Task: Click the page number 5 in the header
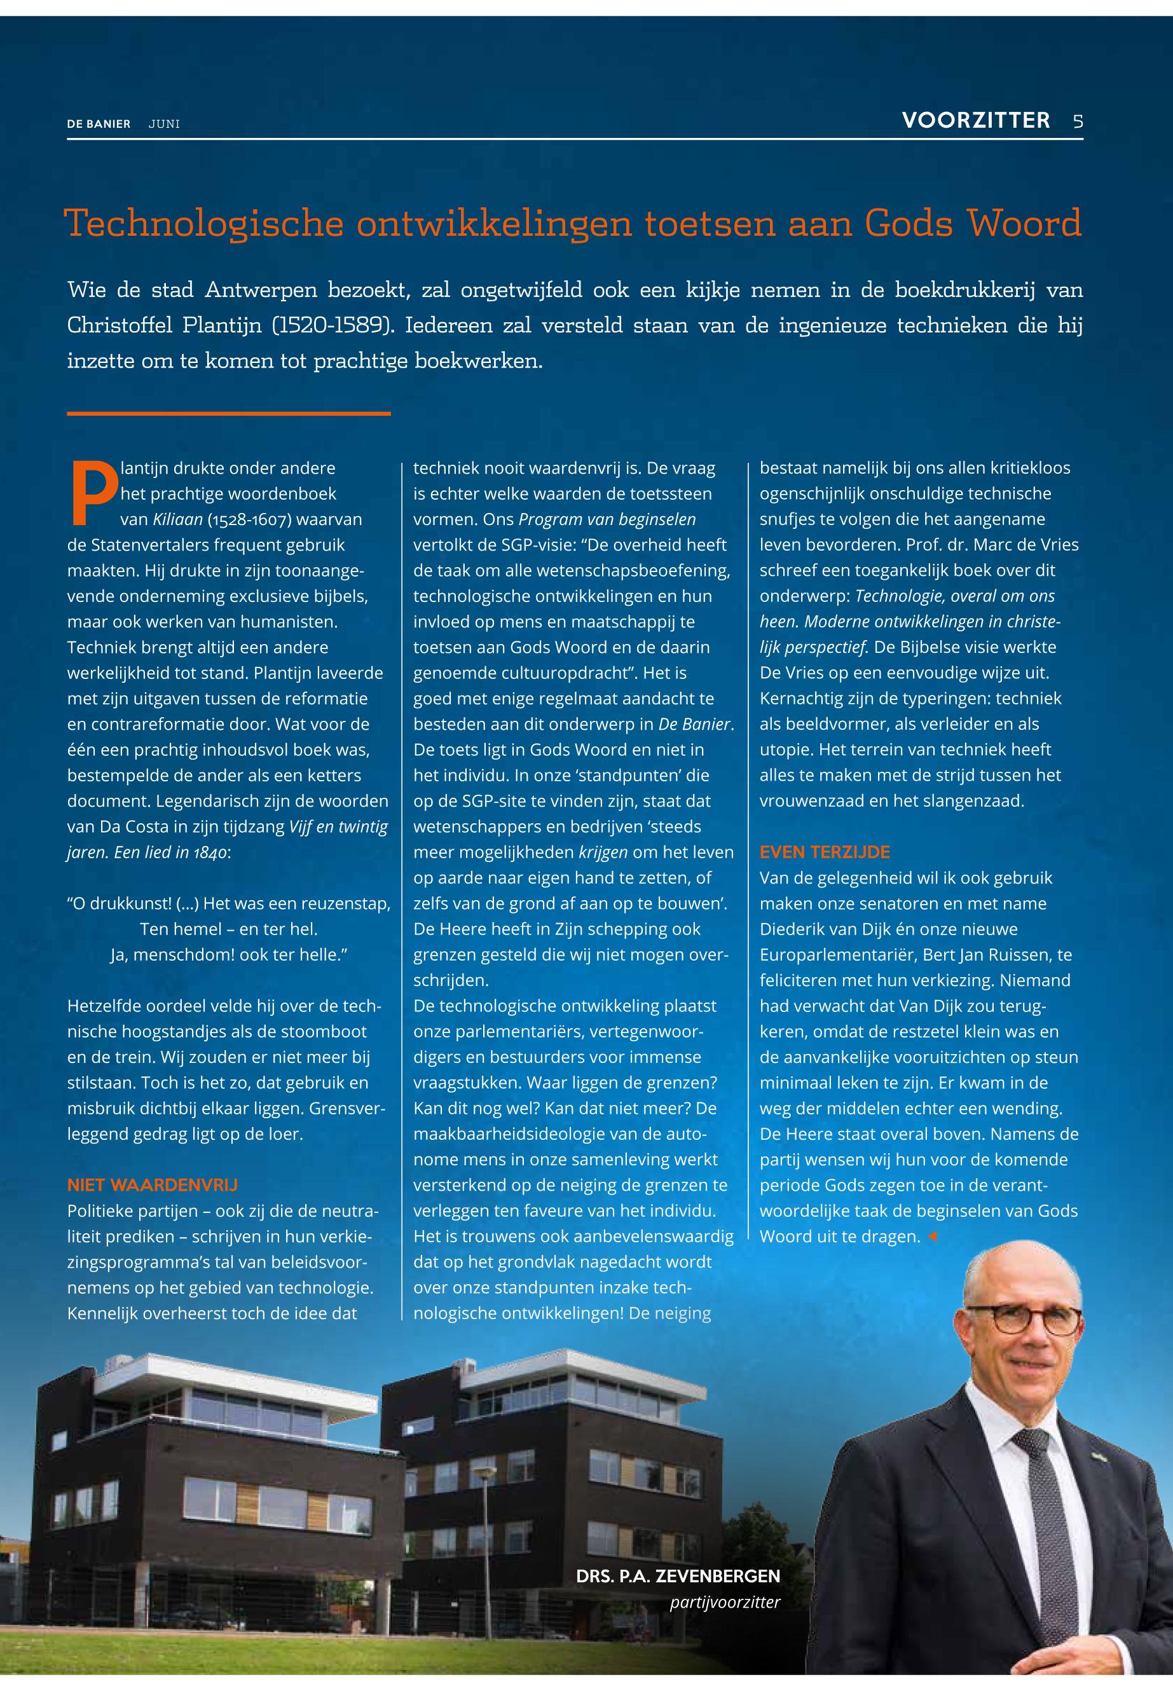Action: pos(1078,121)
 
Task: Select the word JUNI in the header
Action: pos(164,124)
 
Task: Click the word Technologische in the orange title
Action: pos(203,223)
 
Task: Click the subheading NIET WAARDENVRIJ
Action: pos(152,1185)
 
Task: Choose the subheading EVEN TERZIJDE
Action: pos(825,852)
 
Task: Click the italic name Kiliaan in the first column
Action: pos(177,519)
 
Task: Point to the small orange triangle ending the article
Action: pos(933,1237)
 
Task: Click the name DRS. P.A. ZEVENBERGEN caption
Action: pos(678,1575)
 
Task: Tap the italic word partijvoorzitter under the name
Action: pos(724,1601)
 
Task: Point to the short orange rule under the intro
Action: pos(229,414)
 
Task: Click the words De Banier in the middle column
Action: pos(694,724)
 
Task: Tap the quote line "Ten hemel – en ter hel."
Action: pos(229,929)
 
